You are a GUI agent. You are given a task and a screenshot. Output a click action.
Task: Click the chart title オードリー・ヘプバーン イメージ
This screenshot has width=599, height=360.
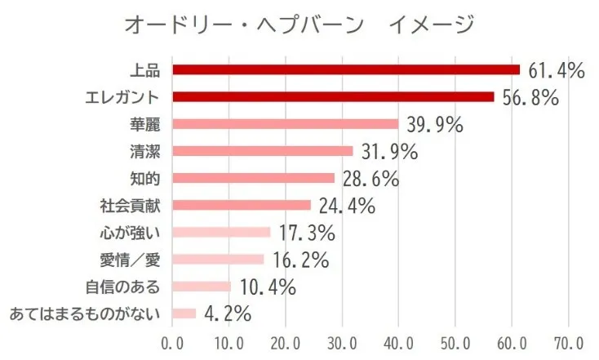coord(299,25)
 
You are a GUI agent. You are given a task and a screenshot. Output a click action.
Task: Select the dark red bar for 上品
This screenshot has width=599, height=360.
coord(346,69)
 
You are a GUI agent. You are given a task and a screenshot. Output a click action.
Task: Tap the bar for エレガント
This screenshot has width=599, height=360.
coord(333,97)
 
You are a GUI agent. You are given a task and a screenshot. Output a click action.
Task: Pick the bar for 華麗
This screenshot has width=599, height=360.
coord(286,124)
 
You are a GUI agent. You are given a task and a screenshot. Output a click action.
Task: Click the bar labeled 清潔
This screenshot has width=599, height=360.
coord(263,151)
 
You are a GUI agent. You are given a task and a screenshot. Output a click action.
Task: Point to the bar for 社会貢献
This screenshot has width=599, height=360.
coord(242,205)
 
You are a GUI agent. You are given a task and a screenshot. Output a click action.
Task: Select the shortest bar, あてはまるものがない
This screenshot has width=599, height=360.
coord(184,313)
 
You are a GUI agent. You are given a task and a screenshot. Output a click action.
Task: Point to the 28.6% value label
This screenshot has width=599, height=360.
coord(369,179)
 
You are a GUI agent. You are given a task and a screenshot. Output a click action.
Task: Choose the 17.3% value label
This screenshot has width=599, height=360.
coord(304,233)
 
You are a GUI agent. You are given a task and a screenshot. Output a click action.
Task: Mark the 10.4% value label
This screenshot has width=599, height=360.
coord(265,287)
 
